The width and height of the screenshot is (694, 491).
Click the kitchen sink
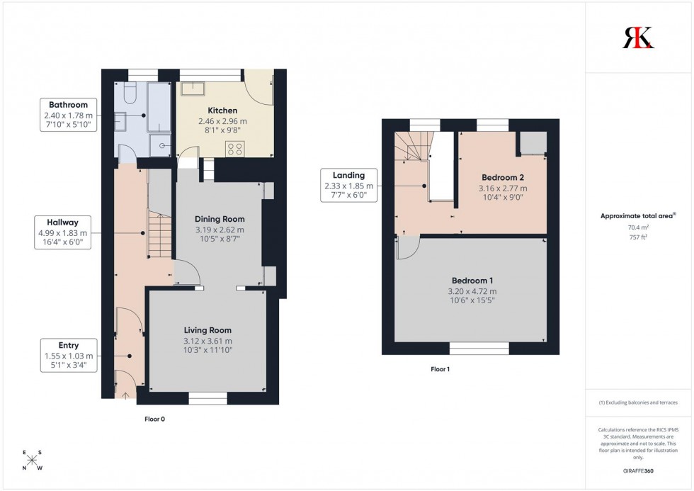(191, 89)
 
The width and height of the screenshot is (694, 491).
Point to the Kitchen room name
(222, 111)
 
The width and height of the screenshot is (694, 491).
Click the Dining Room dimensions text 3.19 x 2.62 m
(219, 230)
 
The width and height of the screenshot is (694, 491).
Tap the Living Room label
(207, 330)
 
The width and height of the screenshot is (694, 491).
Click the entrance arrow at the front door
(126, 396)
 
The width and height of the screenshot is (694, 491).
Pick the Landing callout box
(348, 186)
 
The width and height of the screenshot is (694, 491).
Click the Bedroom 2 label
(504, 177)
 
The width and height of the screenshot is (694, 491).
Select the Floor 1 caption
(440, 369)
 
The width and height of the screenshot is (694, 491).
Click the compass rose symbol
(32, 461)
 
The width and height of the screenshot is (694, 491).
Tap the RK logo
(638, 38)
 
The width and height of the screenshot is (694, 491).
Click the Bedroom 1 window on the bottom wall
(479, 348)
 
